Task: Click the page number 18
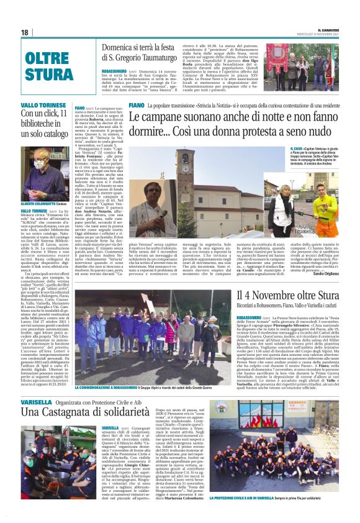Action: coord(24,32)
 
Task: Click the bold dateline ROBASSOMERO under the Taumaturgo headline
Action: coord(115,72)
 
